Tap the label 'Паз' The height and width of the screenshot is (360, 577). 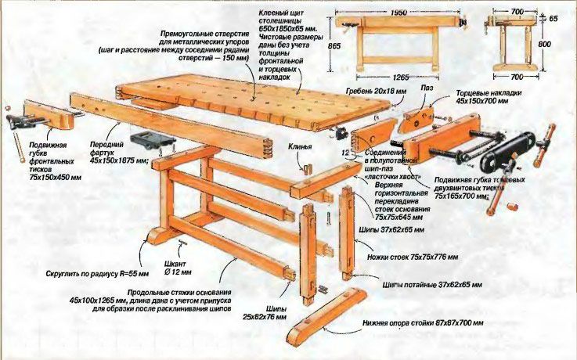(x=427, y=89)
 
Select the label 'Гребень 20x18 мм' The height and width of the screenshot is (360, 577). (x=378, y=92)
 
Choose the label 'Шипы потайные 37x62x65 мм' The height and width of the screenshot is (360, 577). (x=432, y=283)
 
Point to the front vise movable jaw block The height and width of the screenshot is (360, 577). (x=51, y=115)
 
